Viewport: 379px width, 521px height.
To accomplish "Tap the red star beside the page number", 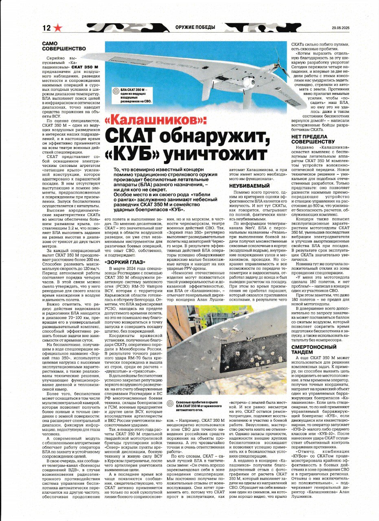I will (x=58, y=28).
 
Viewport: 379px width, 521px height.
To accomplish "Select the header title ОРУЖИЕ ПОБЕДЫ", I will (x=195, y=28).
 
